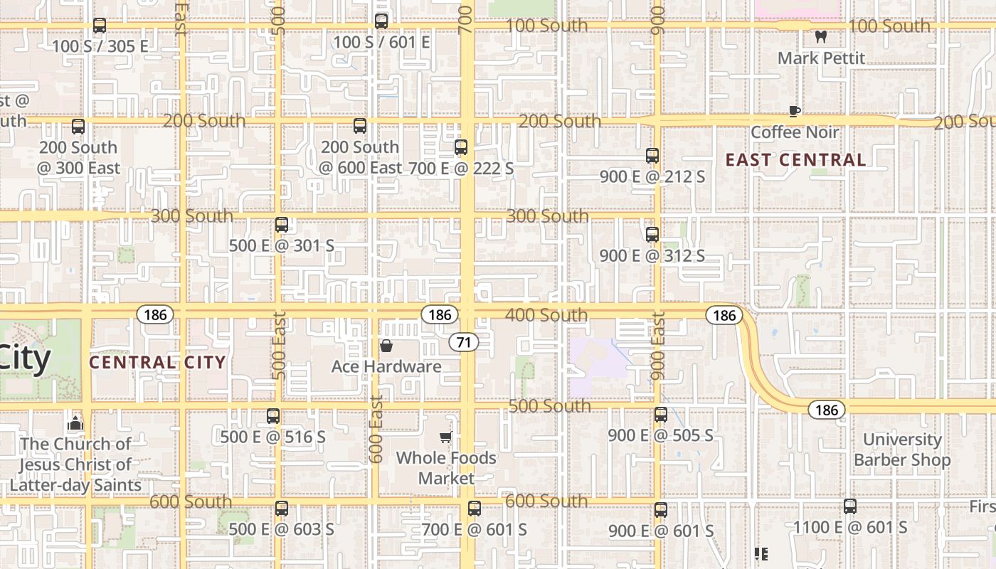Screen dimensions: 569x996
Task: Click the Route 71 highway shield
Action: (x=464, y=342)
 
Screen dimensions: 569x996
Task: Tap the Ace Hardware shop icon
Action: (x=386, y=346)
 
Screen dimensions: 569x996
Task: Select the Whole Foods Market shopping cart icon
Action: (x=446, y=437)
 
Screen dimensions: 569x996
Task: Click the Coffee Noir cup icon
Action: (x=795, y=111)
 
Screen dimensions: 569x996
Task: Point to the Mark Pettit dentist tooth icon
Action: (x=821, y=37)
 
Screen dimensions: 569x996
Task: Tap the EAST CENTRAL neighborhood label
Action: (x=795, y=160)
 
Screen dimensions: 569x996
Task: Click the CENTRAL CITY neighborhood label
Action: (x=157, y=362)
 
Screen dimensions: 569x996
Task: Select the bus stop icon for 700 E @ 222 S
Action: (x=461, y=147)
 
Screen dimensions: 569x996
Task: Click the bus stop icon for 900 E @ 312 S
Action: (x=652, y=234)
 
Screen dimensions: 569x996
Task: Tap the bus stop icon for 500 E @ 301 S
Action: (x=282, y=225)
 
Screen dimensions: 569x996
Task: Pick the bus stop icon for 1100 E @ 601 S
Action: (x=850, y=506)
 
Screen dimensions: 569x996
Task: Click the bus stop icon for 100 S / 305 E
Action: (x=100, y=26)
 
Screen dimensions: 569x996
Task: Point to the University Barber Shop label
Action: (x=902, y=450)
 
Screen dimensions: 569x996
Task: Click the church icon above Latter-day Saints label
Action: (x=75, y=424)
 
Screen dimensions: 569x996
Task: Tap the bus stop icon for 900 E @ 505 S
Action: (x=661, y=414)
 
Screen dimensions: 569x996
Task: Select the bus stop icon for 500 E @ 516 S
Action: (x=273, y=416)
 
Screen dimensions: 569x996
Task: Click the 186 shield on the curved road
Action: (x=826, y=410)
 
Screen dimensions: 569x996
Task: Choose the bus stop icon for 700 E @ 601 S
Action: (x=475, y=509)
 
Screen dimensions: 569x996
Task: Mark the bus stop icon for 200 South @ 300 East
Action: (x=78, y=127)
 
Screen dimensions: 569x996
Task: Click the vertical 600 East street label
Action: (x=376, y=429)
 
